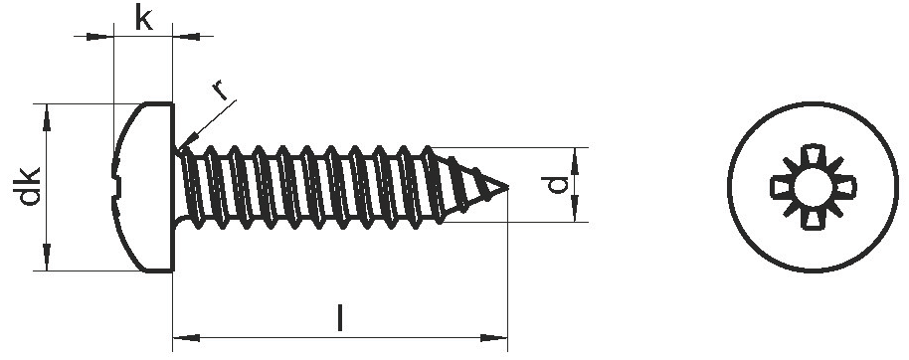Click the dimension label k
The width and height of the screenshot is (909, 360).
pos(144,18)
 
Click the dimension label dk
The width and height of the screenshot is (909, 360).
pos(29,186)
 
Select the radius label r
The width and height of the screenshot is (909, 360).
pos(219,90)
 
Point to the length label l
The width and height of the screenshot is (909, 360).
pos(340,318)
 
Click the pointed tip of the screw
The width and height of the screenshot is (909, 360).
pos(508,187)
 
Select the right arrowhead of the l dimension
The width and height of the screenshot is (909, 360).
pos(494,338)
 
